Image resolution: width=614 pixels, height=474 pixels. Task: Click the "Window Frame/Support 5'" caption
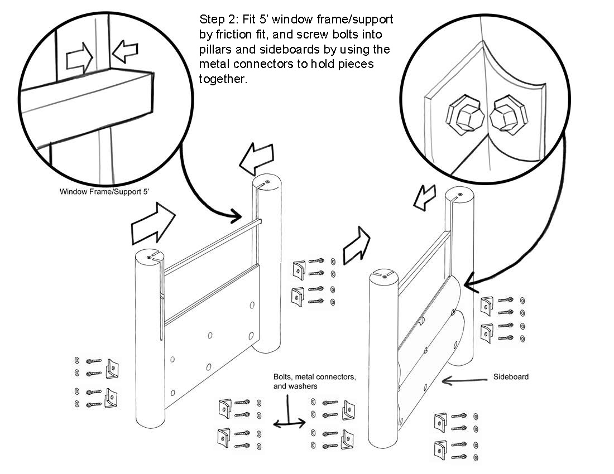point(104,192)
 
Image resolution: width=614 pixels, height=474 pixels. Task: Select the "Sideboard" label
point(511,376)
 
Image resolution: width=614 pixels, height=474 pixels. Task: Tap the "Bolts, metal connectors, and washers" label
point(314,381)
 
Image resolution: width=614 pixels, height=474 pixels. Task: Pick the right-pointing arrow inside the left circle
point(79,59)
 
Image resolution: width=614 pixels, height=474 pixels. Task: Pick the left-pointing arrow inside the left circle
point(125,51)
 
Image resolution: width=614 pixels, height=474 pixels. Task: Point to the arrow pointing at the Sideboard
point(465,380)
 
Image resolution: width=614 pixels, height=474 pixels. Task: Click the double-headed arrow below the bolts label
point(289,423)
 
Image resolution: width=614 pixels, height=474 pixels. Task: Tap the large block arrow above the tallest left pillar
point(256,158)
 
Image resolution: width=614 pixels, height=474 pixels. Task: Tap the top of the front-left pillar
point(150,257)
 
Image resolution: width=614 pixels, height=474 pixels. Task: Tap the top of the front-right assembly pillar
point(384,276)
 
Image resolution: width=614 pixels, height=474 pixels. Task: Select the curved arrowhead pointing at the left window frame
point(236,215)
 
